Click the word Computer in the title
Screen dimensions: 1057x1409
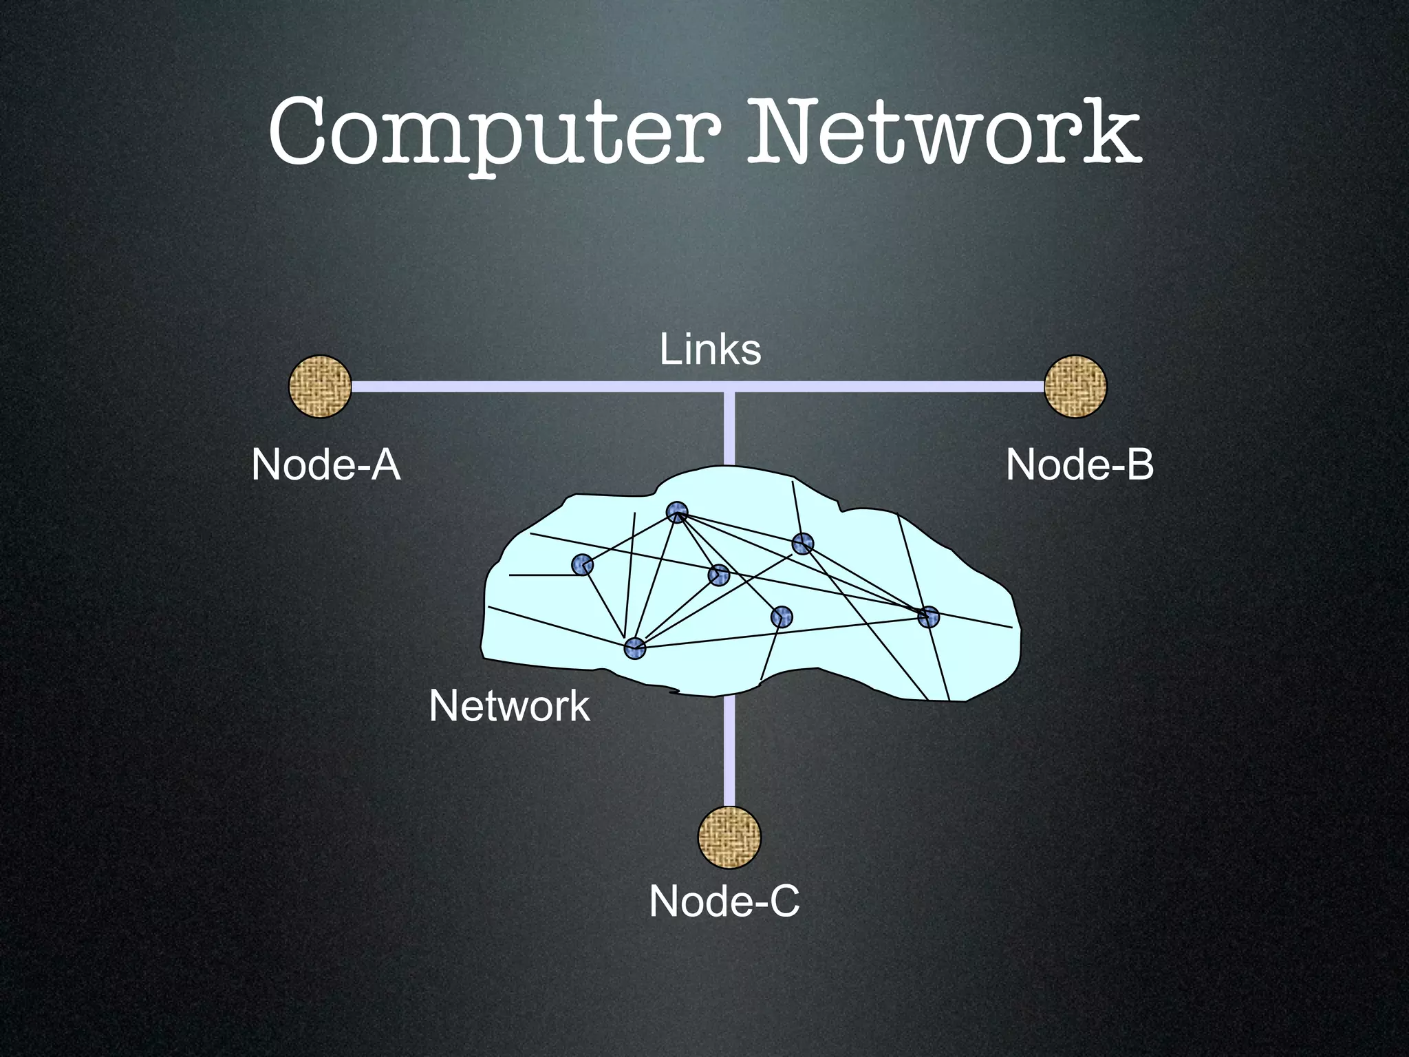(494, 134)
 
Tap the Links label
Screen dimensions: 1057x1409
(710, 350)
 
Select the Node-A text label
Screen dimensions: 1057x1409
(325, 465)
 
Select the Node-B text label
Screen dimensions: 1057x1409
(1079, 465)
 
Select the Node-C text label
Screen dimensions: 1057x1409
(724, 901)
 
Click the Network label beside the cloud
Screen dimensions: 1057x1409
(509, 706)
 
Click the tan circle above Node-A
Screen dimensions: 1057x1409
(320, 386)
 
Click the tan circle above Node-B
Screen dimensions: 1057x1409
(1075, 386)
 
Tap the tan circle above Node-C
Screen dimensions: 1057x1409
(729, 837)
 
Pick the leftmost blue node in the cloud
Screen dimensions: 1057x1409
(582, 565)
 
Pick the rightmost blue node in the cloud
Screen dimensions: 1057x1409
(928, 617)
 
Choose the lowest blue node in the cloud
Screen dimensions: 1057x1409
(634, 648)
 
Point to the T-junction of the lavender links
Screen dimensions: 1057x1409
(729, 387)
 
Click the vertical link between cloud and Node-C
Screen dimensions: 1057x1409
(729, 750)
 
